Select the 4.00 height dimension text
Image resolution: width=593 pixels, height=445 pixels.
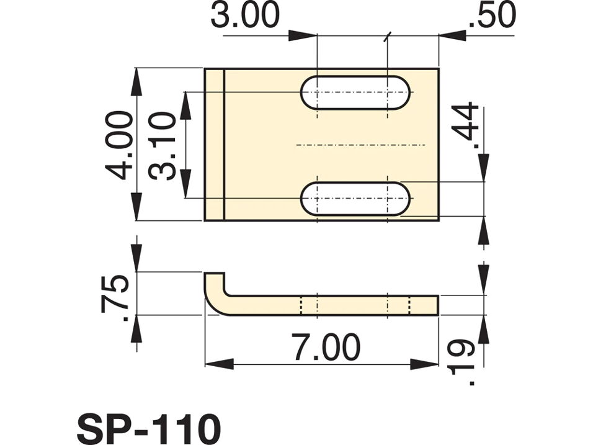pyautogui.click(x=119, y=145)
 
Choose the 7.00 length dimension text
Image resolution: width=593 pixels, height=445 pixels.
pyautogui.click(x=326, y=348)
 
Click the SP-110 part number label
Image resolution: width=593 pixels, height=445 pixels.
pyautogui.click(x=148, y=428)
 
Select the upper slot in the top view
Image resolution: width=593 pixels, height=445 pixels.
pyautogui.click(x=355, y=92)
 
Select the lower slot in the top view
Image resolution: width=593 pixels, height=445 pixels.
pyautogui.click(x=355, y=199)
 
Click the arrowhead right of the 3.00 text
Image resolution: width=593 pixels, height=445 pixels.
pyautogui.click(x=303, y=35)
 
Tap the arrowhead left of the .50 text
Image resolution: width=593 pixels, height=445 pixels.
pyautogui.click(x=453, y=35)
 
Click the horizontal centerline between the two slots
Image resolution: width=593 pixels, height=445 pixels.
pyautogui.click(x=362, y=145)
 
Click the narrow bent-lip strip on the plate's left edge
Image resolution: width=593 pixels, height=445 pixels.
pyautogui.click(x=214, y=145)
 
